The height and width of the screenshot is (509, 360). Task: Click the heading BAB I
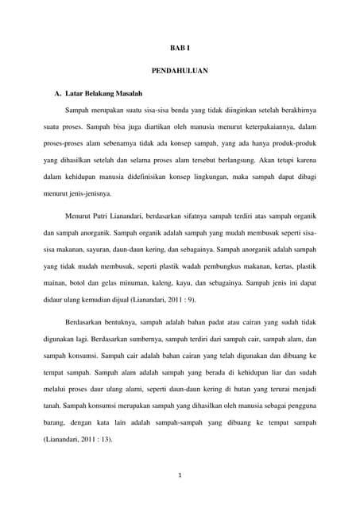coord(180,49)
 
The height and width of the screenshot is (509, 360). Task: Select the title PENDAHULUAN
coord(180,72)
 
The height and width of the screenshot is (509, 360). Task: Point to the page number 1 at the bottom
coord(180,476)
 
